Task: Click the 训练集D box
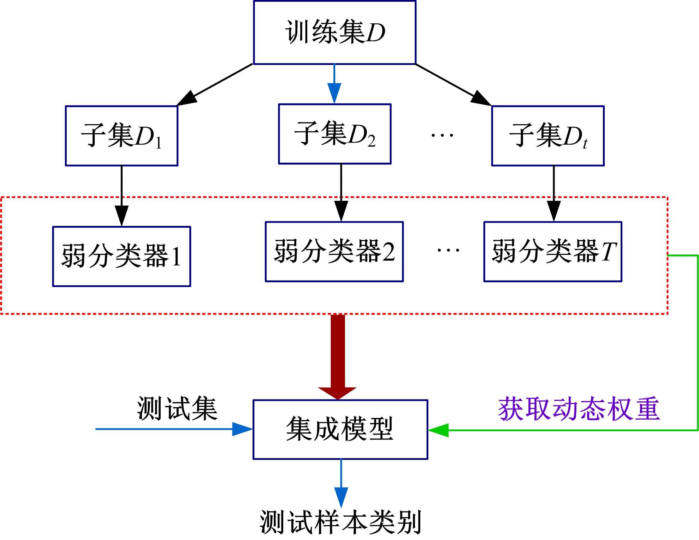pos(334,32)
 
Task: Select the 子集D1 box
pos(122,136)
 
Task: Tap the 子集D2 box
pos(334,134)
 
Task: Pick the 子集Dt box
pos(548,136)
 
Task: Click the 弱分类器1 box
pos(122,256)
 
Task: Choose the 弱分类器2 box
pos(334,252)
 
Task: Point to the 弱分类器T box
pos(553,252)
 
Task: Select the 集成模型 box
pos(340,430)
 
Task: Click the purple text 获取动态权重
pos(579,409)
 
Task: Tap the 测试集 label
pos(177,408)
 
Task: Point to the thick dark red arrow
pos(338,356)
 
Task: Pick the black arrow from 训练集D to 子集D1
pos(215,85)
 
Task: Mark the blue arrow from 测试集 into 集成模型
pos(173,429)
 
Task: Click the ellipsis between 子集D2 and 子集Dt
pos(442,135)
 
